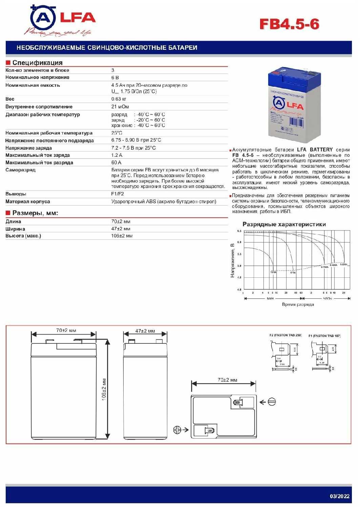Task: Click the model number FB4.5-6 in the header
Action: click(x=289, y=24)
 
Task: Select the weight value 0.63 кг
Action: click(x=119, y=99)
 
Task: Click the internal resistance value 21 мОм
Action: click(x=120, y=107)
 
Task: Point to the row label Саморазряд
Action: click(x=20, y=170)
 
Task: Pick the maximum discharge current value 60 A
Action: click(x=116, y=163)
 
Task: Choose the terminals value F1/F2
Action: click(x=118, y=194)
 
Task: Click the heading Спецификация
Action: click(x=37, y=63)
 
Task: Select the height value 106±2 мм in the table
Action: click(x=122, y=236)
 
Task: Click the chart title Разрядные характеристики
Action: click(x=284, y=224)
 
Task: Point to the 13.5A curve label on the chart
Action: click(x=273, y=272)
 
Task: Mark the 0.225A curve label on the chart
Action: click(x=343, y=264)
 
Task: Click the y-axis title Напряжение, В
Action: click(x=232, y=260)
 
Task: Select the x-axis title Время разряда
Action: click(x=298, y=304)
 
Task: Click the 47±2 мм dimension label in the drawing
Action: click(x=145, y=331)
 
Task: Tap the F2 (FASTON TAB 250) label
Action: click(x=285, y=335)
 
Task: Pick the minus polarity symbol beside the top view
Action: click(x=272, y=402)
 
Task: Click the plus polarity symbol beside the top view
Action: click(x=177, y=430)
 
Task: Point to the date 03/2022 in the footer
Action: click(x=339, y=496)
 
